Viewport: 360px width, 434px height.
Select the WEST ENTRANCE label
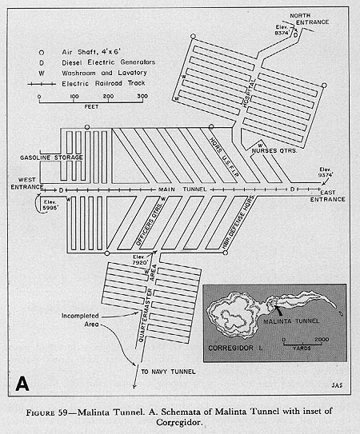tap(22, 181)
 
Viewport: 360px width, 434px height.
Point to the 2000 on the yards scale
tap(319, 339)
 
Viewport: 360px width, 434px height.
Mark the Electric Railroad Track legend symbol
tap(50, 82)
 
